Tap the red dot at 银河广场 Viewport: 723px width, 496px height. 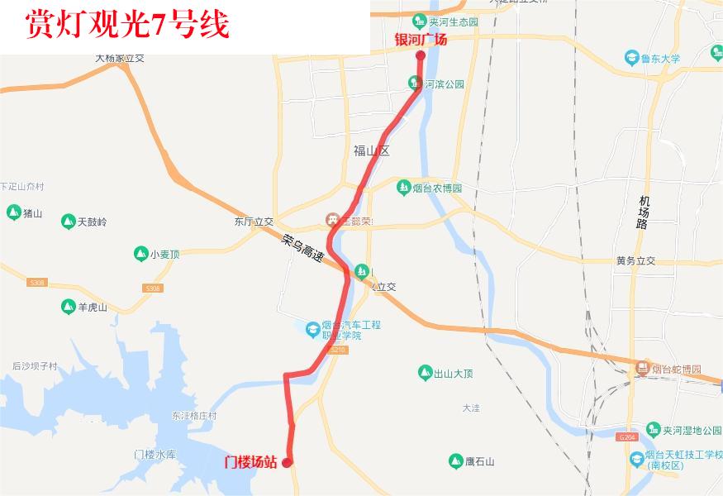coord(420,56)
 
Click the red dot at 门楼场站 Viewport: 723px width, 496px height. coord(287,463)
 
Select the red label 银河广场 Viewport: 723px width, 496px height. coord(421,40)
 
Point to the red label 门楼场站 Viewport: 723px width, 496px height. coord(251,462)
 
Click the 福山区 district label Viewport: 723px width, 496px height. coord(370,151)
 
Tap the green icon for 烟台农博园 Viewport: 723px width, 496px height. coord(404,188)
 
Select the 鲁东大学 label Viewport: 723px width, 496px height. coord(659,58)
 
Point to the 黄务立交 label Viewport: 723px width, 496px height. coord(635,260)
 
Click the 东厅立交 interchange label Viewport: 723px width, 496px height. coord(254,222)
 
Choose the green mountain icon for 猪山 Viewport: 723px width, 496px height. coord(13,213)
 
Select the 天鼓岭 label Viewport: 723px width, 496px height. coord(92,222)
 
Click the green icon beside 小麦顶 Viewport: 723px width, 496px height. coord(140,254)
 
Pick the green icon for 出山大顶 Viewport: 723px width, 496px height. coord(425,373)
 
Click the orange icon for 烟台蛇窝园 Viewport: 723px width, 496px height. coord(642,369)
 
